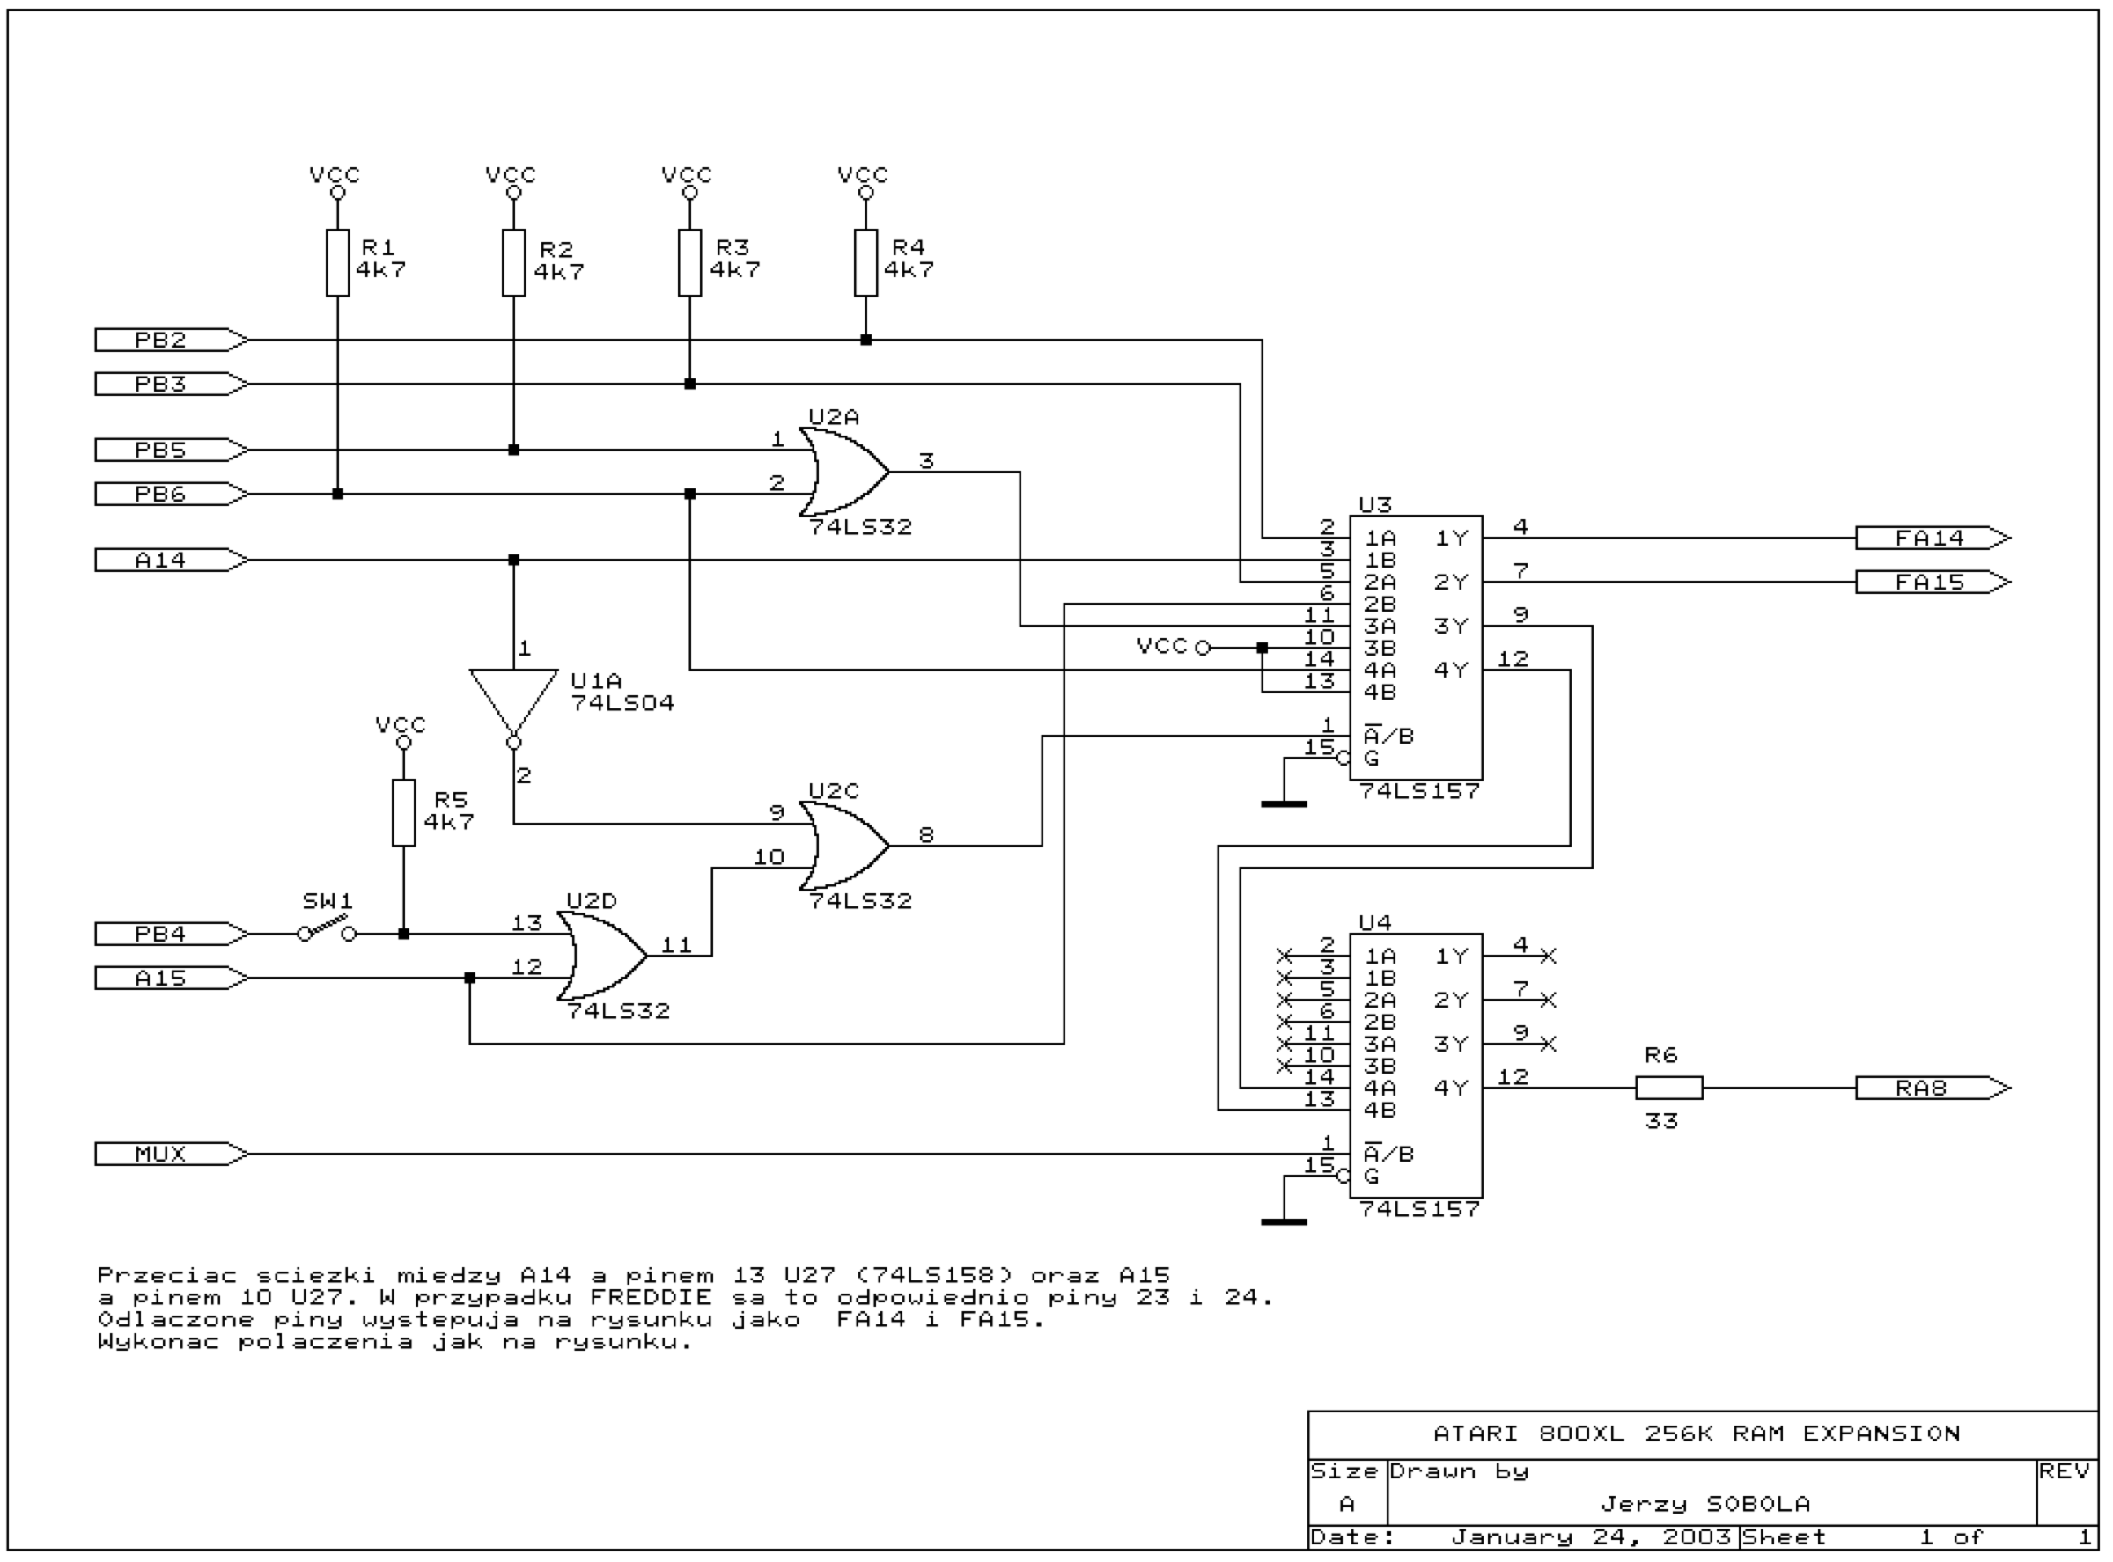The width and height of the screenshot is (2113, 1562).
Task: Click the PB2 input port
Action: [171, 340]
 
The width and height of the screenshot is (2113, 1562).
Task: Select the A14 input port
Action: [171, 560]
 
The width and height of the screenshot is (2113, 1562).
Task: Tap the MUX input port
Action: [171, 1154]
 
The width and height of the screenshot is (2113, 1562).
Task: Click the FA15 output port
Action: [1933, 582]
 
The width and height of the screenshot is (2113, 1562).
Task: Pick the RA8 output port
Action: [1933, 1089]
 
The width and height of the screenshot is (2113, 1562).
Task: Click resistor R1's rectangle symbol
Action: [338, 263]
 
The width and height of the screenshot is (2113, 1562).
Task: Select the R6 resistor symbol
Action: [1669, 1089]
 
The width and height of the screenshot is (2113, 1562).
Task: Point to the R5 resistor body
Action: [404, 813]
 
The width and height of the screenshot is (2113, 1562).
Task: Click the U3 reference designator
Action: [1375, 505]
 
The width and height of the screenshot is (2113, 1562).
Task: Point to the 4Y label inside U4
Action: [1451, 1089]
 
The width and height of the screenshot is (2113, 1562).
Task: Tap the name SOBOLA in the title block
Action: [1758, 1504]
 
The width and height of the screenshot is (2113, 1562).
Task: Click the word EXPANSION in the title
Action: [1881, 1434]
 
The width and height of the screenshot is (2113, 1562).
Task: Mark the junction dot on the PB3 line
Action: [689, 384]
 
